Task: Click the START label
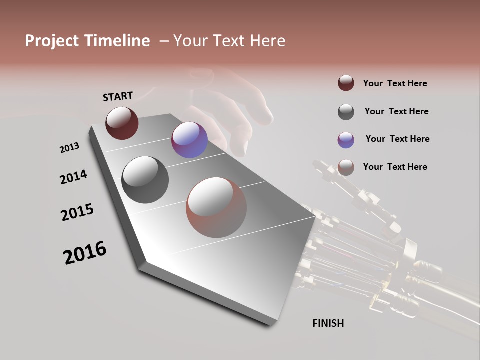pyautogui.click(x=118, y=96)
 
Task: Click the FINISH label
pyautogui.click(x=328, y=323)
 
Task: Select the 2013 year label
pyautogui.click(x=69, y=148)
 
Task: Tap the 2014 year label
pyautogui.click(x=73, y=177)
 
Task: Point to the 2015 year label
pyautogui.click(x=77, y=212)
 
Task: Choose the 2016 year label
pyautogui.click(x=85, y=253)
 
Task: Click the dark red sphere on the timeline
pyautogui.click(x=122, y=123)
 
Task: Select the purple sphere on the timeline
pyautogui.click(x=189, y=139)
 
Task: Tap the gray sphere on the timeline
pyautogui.click(x=145, y=180)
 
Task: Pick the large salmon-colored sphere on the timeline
pyautogui.click(x=216, y=207)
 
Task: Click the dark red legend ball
pyautogui.click(x=346, y=83)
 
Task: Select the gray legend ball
pyautogui.click(x=346, y=112)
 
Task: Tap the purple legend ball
pyautogui.click(x=346, y=140)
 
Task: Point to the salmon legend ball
pyautogui.click(x=346, y=167)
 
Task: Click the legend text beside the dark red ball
pyautogui.click(x=395, y=83)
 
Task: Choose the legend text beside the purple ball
pyautogui.click(x=397, y=139)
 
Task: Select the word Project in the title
pyautogui.click(x=52, y=41)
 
